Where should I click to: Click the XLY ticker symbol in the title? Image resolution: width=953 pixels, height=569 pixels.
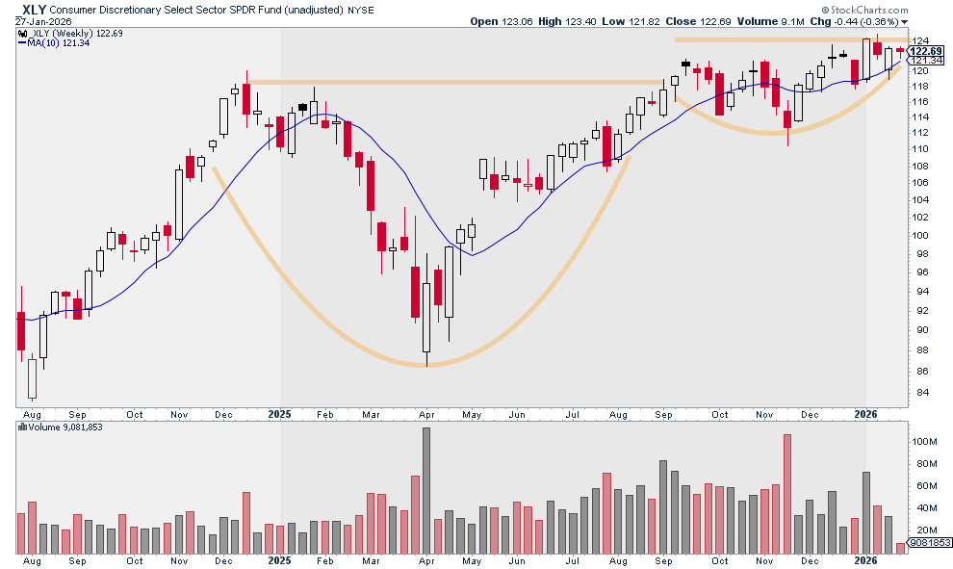(x=32, y=8)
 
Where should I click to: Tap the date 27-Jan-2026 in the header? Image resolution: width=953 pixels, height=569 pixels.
(x=37, y=21)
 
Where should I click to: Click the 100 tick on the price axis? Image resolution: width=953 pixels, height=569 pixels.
(x=922, y=236)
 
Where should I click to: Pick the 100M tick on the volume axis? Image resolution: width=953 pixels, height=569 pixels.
(x=925, y=441)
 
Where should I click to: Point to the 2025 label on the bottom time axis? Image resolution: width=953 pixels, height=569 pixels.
(x=279, y=560)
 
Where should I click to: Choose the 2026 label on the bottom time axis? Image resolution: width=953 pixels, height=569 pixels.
(x=866, y=560)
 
